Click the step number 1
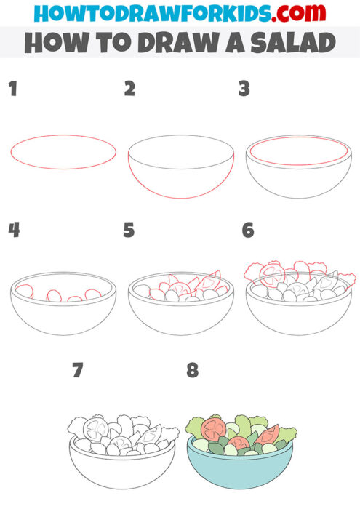[12, 89]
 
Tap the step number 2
[129, 89]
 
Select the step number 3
[244, 89]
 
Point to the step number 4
[13, 231]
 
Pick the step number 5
[129, 231]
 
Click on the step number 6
[248, 231]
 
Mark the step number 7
[78, 371]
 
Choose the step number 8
[192, 371]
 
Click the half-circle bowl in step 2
[181, 175]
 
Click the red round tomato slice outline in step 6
[274, 274]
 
